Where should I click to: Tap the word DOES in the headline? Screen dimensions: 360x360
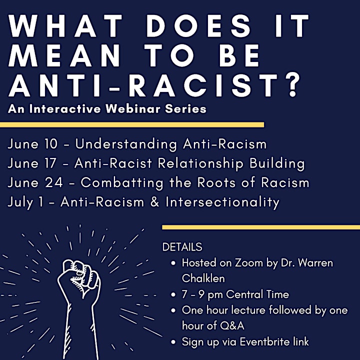tap(198, 25)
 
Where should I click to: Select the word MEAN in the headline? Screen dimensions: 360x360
tap(64, 56)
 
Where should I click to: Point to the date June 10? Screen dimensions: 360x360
tap(32, 144)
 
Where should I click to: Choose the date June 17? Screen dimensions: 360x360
tap(32, 163)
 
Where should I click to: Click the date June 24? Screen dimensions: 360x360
tap(35, 183)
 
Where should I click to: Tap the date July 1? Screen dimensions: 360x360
tap(25, 202)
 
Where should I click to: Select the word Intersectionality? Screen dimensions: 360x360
tap(222, 202)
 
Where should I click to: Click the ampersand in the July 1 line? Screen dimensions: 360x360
tap(155, 202)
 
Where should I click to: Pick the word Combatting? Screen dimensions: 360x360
tap(122, 183)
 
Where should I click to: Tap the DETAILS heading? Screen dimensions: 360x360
tap(182, 247)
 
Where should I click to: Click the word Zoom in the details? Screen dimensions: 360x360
tap(245, 263)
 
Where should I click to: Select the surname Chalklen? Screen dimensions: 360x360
tap(203, 278)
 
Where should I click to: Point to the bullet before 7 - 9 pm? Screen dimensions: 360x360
tap(173, 295)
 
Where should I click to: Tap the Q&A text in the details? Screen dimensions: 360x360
tap(232, 326)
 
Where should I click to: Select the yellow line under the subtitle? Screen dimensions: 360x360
tap(132, 125)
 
